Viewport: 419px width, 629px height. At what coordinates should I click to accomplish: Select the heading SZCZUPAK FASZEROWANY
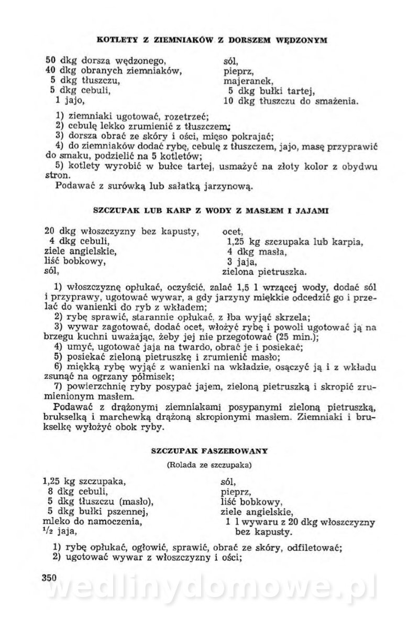point(209,450)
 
